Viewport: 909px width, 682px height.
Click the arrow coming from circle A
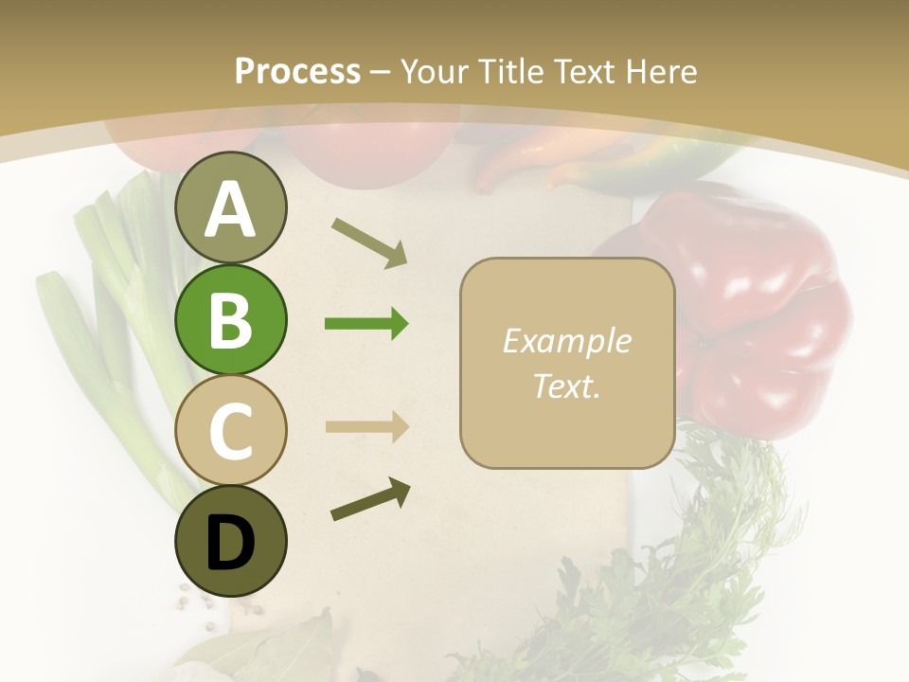pyautogui.click(x=369, y=242)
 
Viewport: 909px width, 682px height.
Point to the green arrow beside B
pyautogui.click(x=366, y=324)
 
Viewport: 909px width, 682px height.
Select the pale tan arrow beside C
pyautogui.click(x=366, y=426)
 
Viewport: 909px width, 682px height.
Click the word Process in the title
pyautogui.click(x=297, y=71)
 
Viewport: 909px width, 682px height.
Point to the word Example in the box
pyautogui.click(x=566, y=341)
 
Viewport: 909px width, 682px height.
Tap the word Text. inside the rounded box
pyautogui.click(x=566, y=386)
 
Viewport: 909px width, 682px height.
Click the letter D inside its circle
pyautogui.click(x=230, y=543)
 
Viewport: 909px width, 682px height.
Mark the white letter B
pyautogui.click(x=230, y=320)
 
